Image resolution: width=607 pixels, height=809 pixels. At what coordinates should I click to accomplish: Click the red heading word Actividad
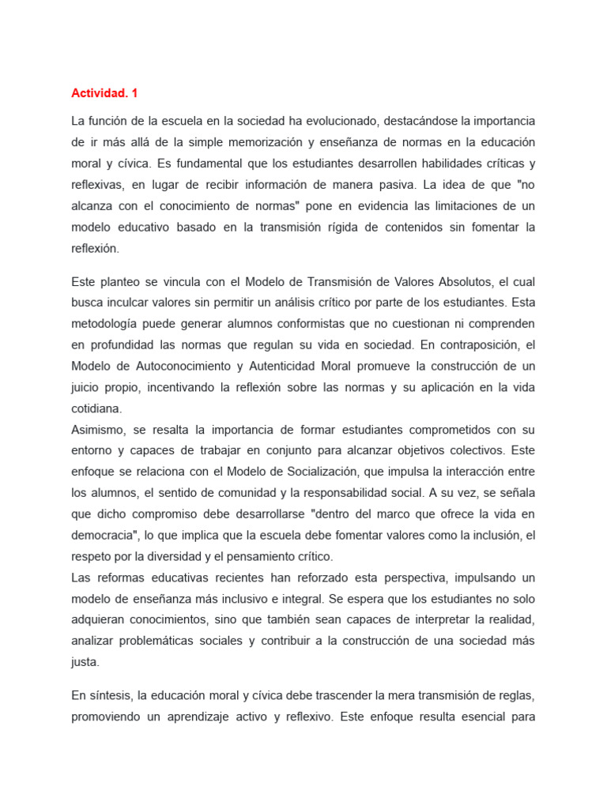point(100,93)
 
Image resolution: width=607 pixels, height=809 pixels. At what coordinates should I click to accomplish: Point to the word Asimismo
point(98,430)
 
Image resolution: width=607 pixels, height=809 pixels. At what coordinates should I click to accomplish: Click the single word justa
point(84,663)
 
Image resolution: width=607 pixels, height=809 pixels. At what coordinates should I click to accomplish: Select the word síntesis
point(110,695)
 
